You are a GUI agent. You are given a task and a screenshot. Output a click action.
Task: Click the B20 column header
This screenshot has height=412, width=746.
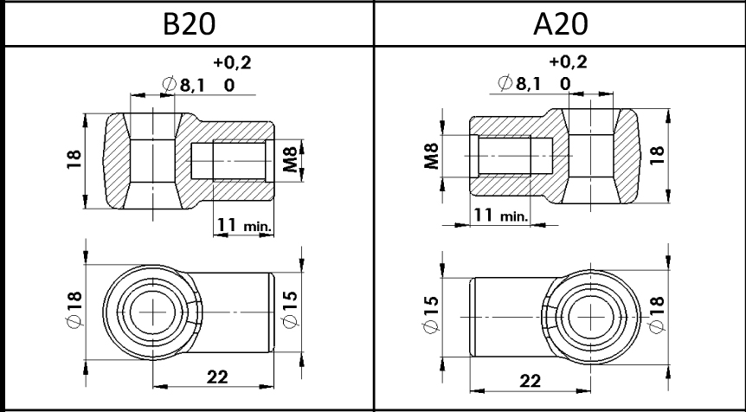[x=189, y=23]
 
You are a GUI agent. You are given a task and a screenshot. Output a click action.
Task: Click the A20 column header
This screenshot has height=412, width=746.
[x=561, y=23]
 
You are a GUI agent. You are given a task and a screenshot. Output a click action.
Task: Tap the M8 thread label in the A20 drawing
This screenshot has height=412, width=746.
[x=431, y=156]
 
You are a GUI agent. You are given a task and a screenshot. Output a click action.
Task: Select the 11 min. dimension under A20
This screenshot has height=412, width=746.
[x=500, y=215]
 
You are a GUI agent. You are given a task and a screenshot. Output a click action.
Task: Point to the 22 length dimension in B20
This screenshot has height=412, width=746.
[x=217, y=377]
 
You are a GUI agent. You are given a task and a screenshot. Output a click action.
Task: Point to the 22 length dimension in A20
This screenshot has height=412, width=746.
[x=531, y=381]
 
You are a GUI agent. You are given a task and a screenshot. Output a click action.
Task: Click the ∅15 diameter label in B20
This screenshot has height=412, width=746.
[x=290, y=309]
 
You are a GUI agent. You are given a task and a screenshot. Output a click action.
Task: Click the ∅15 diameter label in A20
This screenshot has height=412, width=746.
[x=431, y=314]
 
